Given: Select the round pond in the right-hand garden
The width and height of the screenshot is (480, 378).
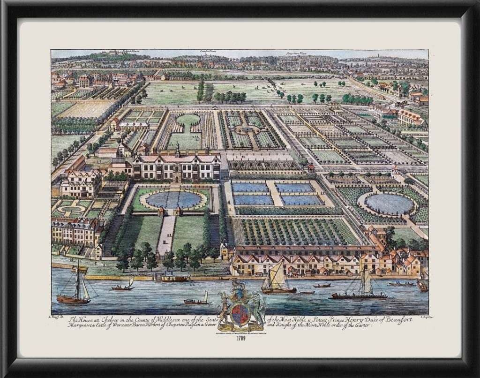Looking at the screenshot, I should (389, 204).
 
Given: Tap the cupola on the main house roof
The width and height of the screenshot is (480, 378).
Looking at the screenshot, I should (178, 149).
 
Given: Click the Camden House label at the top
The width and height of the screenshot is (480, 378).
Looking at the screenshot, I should (207, 52).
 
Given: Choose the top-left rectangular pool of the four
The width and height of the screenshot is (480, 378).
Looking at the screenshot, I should (250, 188).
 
